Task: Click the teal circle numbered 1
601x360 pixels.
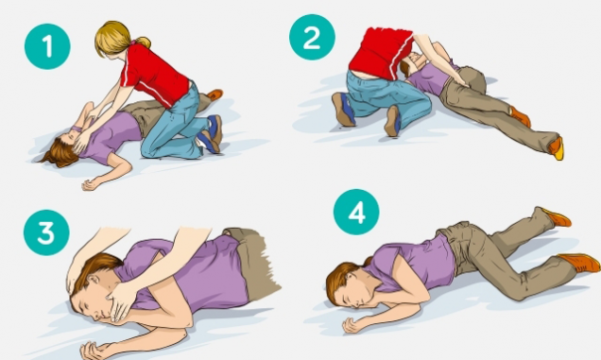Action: click(x=47, y=46)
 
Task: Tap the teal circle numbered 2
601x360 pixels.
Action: click(x=312, y=37)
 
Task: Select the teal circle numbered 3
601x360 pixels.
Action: click(x=46, y=232)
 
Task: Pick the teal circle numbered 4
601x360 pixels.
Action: click(x=356, y=212)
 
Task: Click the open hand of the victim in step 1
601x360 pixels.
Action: click(x=92, y=184)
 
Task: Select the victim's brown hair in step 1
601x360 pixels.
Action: click(x=60, y=153)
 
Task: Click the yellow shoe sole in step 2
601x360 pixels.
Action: click(x=558, y=150)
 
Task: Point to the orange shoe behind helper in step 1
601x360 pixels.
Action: click(x=215, y=94)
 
